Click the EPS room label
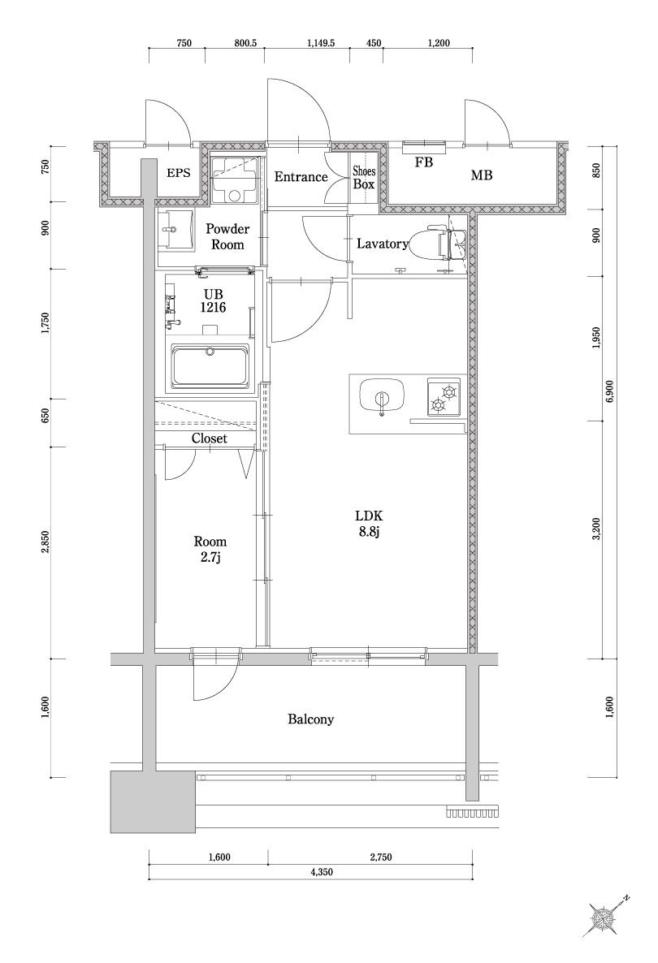tap(180, 173)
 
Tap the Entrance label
tap(300, 177)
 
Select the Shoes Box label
tap(363, 178)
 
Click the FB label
tap(423, 162)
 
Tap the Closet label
tap(209, 438)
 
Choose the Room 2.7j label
tap(210, 549)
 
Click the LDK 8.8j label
tap(367, 524)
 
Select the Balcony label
tap(310, 719)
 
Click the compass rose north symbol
tap(605, 918)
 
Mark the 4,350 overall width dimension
tap(323, 872)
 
